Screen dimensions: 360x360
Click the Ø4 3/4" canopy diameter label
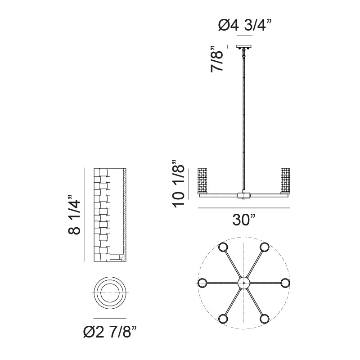tap(244, 26)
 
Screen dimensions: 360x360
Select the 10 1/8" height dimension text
tap(179, 182)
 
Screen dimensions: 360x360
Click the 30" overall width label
tap(244, 220)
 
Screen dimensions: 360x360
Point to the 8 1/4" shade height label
tap(75, 215)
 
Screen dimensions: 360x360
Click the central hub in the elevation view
tap(243, 195)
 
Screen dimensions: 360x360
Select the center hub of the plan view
tap(243, 283)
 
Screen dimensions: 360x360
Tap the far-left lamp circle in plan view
tap(202, 283)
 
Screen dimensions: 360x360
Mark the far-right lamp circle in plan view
tap(285, 283)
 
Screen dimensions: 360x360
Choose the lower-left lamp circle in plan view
tap(223, 319)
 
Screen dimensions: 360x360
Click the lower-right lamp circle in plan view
tap(264, 319)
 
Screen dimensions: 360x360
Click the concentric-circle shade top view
tap(110, 293)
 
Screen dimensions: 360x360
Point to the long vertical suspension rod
tap(244, 121)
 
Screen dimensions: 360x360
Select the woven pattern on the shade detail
tap(102, 214)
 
